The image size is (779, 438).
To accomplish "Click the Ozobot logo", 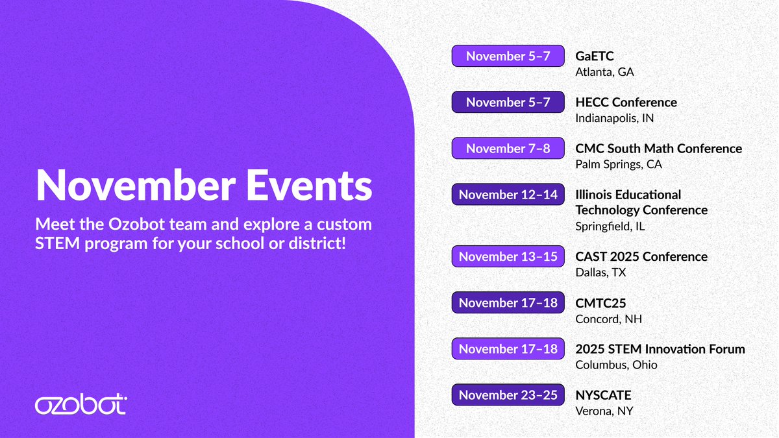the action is point(81,404).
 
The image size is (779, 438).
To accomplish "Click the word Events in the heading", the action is point(309,185).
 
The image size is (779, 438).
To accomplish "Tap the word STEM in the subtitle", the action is point(58,243).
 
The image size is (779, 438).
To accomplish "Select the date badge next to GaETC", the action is point(508,56).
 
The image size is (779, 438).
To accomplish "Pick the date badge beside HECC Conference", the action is point(508,103).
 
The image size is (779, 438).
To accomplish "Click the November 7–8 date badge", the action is point(508,149).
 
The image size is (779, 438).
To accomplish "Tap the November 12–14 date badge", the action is point(508,195).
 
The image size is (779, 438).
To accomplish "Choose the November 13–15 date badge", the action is point(508,256).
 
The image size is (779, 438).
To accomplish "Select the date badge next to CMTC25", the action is point(508,303).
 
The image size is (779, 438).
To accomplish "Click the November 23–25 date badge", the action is point(508,395).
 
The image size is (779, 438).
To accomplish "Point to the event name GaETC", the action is point(595,56).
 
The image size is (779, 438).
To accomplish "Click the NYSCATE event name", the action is point(603,395).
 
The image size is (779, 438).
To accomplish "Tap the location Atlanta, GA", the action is point(605,72).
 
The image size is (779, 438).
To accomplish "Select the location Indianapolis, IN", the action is point(615,118).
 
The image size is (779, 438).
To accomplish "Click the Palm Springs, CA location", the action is point(619,164).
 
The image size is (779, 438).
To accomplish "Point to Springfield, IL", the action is point(610,226).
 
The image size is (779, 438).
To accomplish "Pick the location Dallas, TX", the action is point(600,273).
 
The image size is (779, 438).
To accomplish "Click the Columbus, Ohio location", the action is point(616,365).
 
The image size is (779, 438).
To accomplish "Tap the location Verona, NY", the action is point(604,411).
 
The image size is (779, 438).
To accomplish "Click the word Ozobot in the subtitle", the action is point(136,225).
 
